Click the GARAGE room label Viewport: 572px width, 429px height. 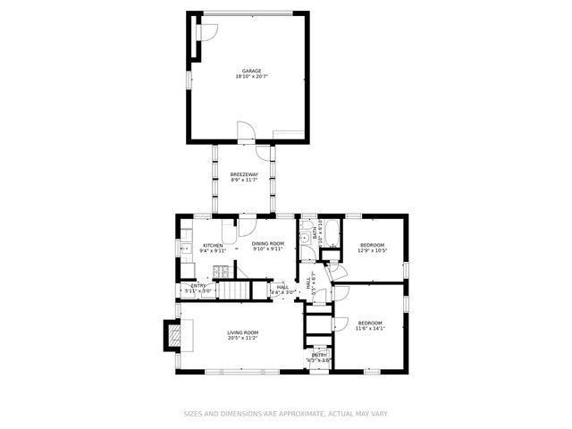click(x=252, y=71)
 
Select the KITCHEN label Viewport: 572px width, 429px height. click(x=213, y=245)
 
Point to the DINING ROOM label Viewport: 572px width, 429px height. click(x=267, y=244)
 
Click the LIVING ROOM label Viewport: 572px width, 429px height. click(x=243, y=332)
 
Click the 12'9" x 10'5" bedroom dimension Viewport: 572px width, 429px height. click(x=372, y=250)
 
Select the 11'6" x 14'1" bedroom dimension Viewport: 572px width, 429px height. click(x=370, y=328)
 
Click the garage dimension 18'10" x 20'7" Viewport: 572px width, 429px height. click(x=252, y=77)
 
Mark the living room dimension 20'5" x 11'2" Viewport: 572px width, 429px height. click(x=243, y=338)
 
